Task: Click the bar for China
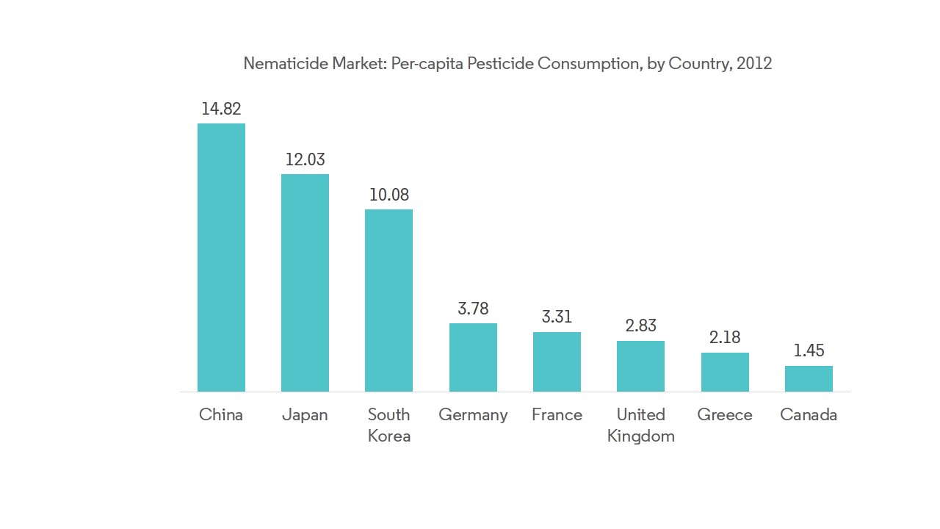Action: (221, 257)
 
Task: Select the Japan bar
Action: (305, 283)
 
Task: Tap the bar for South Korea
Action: (388, 301)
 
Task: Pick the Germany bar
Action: (473, 357)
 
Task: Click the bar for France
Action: (557, 361)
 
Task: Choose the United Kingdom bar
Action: (640, 366)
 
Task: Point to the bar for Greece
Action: (725, 372)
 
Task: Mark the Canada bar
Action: (809, 378)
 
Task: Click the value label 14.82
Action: (221, 109)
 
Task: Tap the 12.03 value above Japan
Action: (305, 159)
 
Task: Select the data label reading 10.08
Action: (388, 195)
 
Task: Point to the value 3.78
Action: (473, 309)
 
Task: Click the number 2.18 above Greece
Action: (725, 337)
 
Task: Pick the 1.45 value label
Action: (809, 350)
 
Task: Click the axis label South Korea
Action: (388, 425)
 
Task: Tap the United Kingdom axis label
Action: (640, 425)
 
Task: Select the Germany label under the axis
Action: (473, 414)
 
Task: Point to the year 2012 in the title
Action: (754, 63)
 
